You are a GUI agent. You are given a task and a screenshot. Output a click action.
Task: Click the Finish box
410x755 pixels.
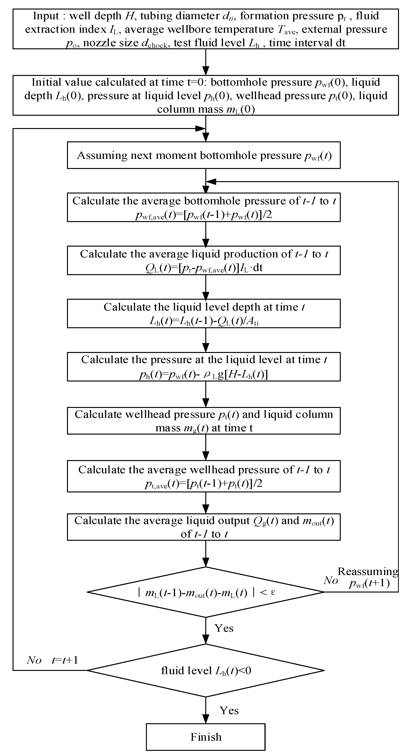[206, 737]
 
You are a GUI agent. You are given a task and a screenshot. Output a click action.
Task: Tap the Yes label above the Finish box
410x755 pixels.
[229, 710]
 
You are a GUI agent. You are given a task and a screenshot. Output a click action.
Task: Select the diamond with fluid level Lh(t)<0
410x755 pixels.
[206, 670]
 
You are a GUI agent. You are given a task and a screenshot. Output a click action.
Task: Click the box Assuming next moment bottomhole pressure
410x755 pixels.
[204, 155]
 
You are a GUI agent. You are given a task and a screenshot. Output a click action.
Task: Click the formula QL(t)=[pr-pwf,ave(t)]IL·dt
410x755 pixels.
[204, 268]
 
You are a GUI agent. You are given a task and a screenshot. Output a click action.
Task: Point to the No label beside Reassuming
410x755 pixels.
[331, 580]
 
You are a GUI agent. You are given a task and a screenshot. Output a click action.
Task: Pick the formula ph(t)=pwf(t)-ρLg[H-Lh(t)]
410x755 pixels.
[203, 375]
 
